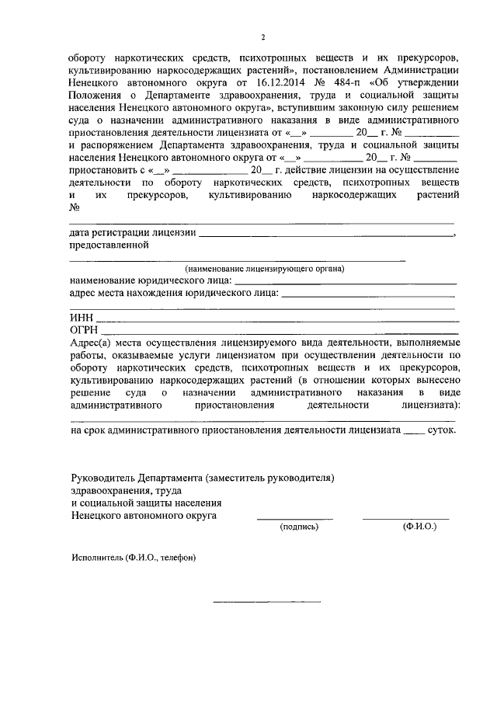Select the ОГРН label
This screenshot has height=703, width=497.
[84, 330]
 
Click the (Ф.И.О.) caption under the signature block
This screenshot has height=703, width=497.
[419, 526]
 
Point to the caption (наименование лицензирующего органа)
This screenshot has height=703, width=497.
[264, 268]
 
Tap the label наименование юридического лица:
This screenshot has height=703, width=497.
[150, 280]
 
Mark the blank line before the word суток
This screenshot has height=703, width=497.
[415, 431]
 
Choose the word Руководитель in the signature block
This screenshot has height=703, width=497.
[102, 475]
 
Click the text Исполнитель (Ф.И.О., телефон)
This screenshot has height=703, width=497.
[133, 558]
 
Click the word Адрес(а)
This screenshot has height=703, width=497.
[91, 343]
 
